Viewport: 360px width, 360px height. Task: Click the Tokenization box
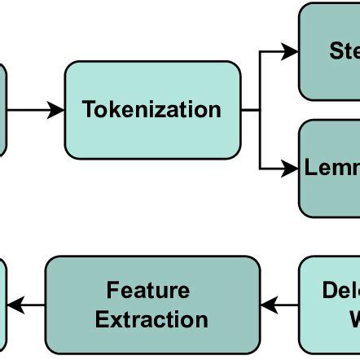(152, 110)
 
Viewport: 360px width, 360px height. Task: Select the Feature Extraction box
(152, 305)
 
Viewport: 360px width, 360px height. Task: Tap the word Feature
(148, 291)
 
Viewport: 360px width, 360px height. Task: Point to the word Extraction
(152, 319)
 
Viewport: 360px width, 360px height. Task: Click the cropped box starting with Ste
(329, 51)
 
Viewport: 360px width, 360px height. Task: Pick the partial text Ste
(344, 51)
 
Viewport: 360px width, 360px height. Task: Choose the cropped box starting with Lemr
(329, 169)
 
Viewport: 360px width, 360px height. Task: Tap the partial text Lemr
(332, 169)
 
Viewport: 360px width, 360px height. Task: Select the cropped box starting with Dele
(329, 305)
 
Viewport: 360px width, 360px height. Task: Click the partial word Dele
(340, 291)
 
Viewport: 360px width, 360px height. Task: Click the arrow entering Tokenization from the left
(36, 110)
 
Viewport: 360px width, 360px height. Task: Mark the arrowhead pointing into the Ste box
(291, 52)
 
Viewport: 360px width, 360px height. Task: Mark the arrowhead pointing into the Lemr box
(291, 169)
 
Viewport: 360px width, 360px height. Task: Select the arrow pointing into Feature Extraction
(279, 305)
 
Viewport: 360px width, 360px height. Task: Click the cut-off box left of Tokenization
(2, 110)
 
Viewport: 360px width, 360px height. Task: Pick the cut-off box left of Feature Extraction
(2, 305)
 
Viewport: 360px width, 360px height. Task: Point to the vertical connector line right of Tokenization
(260, 110)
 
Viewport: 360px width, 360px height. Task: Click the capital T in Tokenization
(90, 110)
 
